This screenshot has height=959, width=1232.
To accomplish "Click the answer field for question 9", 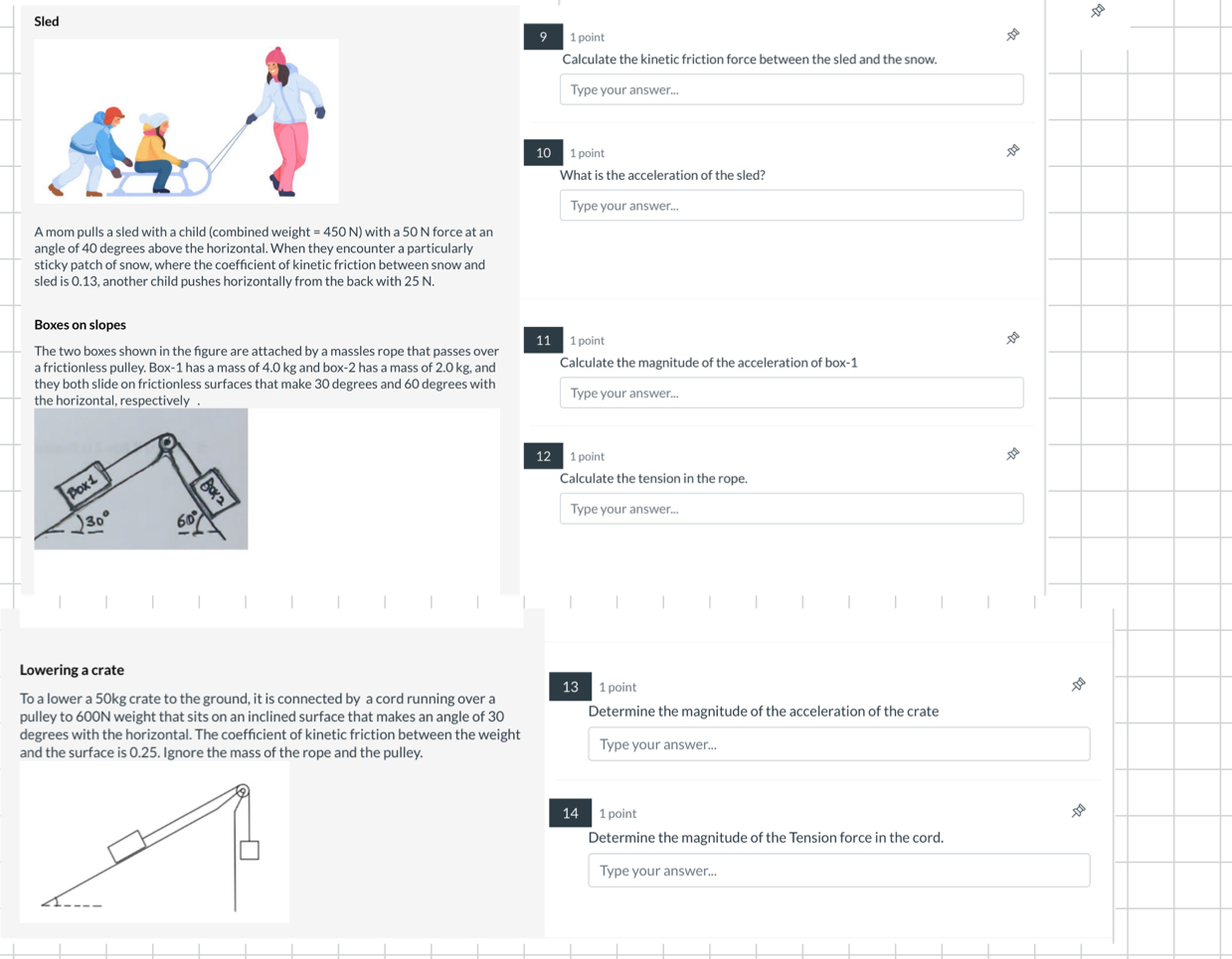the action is pyautogui.click(x=792, y=89).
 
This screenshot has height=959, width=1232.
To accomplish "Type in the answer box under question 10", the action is pyautogui.click(x=792, y=205).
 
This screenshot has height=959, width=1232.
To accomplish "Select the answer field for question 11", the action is pyautogui.click(x=792, y=393).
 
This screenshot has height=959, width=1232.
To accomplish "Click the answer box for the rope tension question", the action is pyautogui.click(x=792, y=509).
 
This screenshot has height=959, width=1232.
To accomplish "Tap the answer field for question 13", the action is pyautogui.click(x=838, y=743).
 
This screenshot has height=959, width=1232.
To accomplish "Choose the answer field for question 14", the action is pyautogui.click(x=838, y=871).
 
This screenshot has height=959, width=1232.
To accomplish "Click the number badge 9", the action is pyautogui.click(x=543, y=37).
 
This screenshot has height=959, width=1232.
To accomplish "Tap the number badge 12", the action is pyautogui.click(x=543, y=456).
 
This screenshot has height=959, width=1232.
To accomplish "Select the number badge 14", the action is pyautogui.click(x=571, y=813).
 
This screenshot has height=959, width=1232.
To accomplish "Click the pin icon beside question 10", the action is pyautogui.click(x=1012, y=151).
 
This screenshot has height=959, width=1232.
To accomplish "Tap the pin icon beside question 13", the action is pyautogui.click(x=1078, y=685).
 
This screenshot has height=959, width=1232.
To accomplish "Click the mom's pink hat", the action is pyautogui.click(x=275, y=56).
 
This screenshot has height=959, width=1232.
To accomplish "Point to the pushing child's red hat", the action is pyautogui.click(x=113, y=114).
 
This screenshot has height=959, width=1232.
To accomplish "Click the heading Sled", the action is pyautogui.click(x=47, y=22).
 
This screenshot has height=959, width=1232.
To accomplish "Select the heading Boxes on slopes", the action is pyautogui.click(x=80, y=325).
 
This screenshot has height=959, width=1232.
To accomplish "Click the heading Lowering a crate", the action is pyautogui.click(x=72, y=670).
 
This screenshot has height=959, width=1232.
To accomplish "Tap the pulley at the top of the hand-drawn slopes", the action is pyautogui.click(x=167, y=442).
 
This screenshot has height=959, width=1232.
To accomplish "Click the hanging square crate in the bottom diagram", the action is pyautogui.click(x=250, y=851).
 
